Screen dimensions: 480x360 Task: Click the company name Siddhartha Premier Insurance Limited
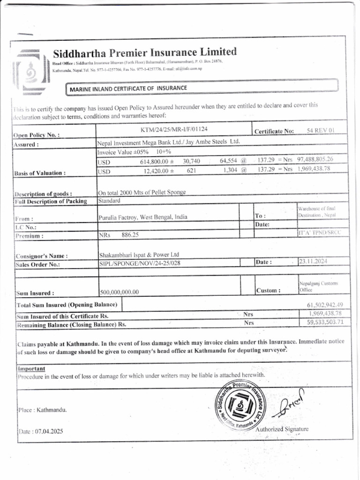pyautogui.click(x=144, y=52)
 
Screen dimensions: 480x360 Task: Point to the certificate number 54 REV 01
pyautogui.click(x=321, y=131)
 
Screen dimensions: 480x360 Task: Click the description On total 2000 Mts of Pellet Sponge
pyautogui.click(x=142, y=193)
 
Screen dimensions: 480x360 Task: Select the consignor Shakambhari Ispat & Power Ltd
pyautogui.click(x=139, y=255)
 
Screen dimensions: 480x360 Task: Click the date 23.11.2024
pyautogui.click(x=314, y=262)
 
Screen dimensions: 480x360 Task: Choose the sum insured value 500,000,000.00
pyautogui.click(x=120, y=292)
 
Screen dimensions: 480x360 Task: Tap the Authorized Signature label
pyautogui.click(x=282, y=429)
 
